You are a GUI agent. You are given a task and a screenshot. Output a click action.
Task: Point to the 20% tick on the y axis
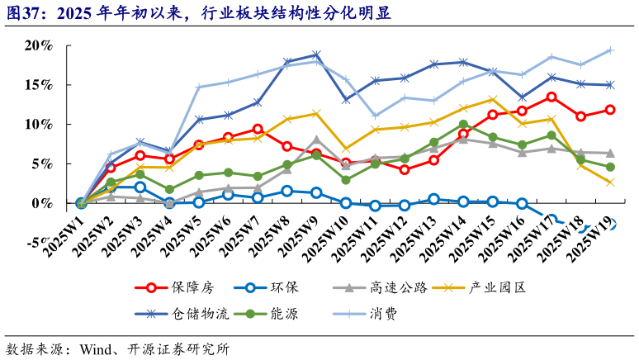pos(37,45)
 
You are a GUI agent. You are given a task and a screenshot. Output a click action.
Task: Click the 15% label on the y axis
pos(37,85)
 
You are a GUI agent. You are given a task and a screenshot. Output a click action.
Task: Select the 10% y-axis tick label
pos(37,124)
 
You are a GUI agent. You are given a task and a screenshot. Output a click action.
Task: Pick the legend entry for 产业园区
pos(497,287)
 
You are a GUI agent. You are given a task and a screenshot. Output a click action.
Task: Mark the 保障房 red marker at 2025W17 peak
pos(551,97)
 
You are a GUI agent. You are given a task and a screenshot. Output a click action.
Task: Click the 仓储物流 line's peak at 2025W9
pos(316,55)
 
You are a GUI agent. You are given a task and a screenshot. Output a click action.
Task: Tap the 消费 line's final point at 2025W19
pos(610,50)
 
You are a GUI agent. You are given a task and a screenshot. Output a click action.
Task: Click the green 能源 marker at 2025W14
pos(463,125)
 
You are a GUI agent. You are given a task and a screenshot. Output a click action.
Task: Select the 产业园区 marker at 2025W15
pos(492,99)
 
